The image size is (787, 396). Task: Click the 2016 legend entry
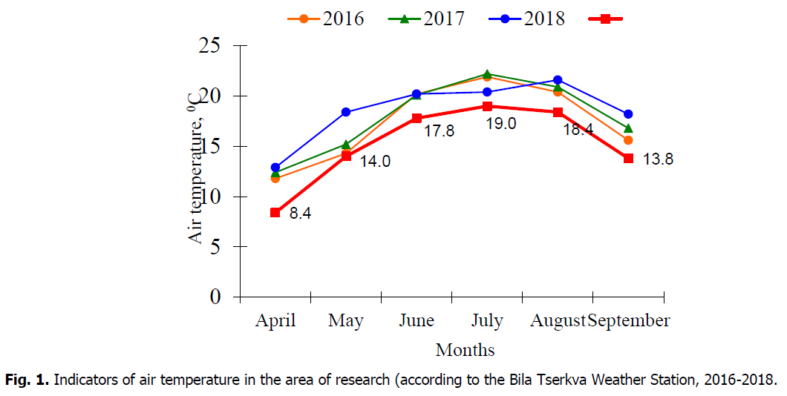(327, 19)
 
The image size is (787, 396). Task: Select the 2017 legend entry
(428, 19)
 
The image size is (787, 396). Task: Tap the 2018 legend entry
(528, 19)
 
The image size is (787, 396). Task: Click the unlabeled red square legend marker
(606, 19)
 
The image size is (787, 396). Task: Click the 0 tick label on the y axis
(216, 297)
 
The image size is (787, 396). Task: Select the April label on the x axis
(275, 321)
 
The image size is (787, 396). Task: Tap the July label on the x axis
(487, 321)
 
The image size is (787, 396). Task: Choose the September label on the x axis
(629, 321)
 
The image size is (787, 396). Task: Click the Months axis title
(465, 349)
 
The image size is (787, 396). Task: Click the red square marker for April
(275, 212)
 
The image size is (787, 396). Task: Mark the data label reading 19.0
(501, 125)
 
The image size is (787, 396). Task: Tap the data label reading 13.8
(657, 159)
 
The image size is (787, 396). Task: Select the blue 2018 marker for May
(346, 112)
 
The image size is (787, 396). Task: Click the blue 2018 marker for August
(558, 79)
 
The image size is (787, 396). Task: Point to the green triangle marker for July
(487, 74)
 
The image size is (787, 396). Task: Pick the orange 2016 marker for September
(628, 139)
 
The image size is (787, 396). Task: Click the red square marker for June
(417, 118)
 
